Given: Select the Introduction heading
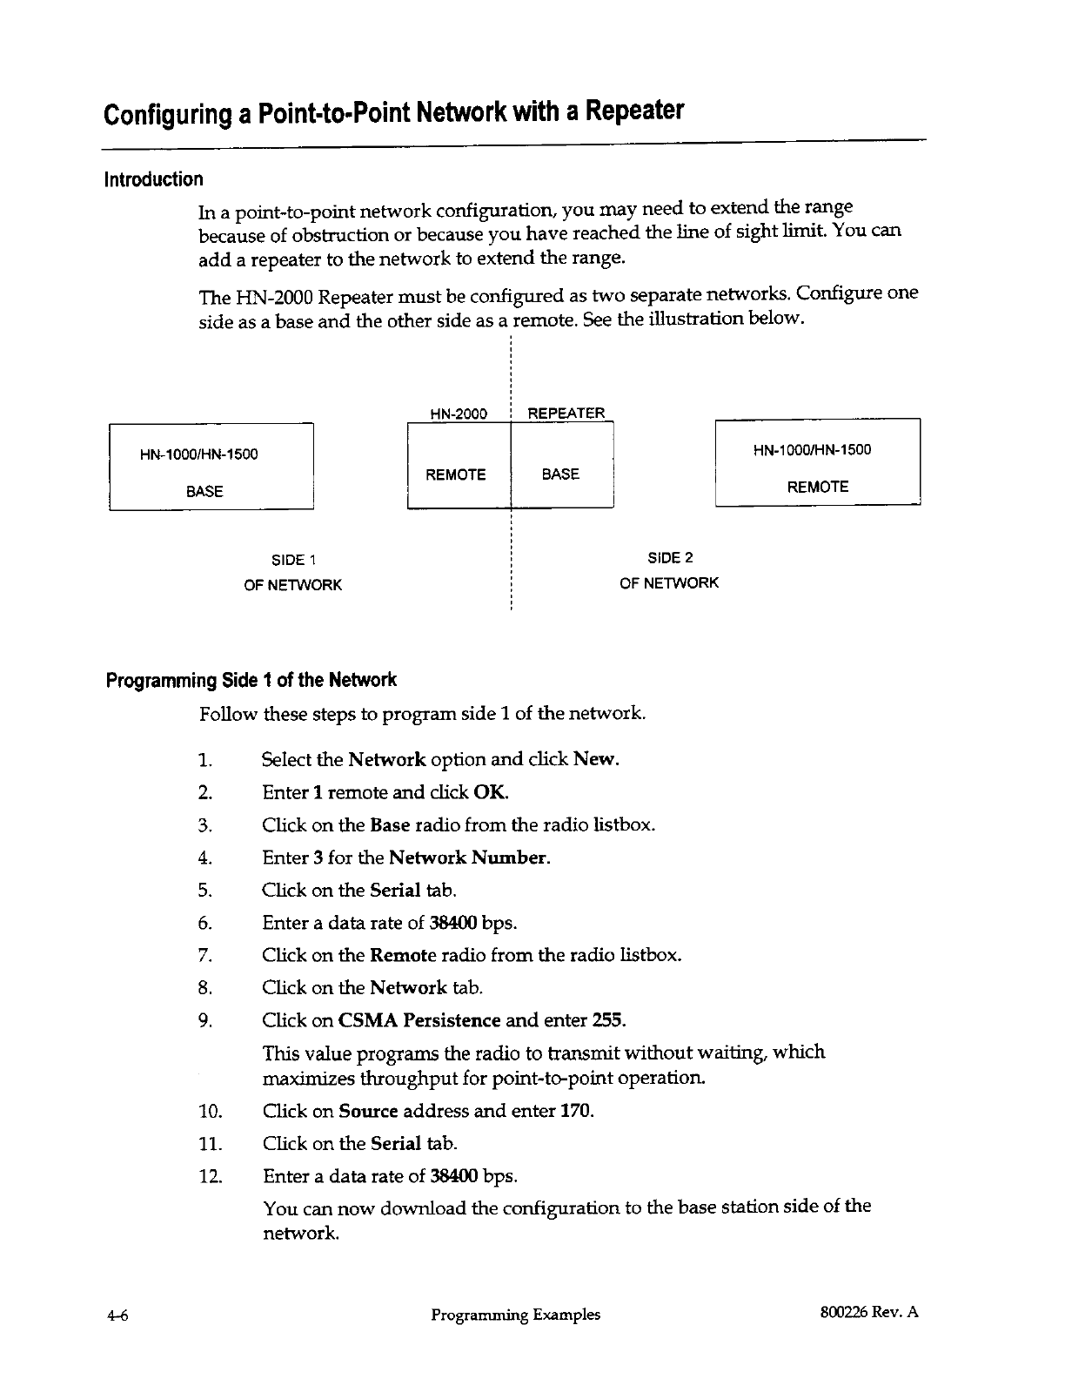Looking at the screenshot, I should click(153, 179).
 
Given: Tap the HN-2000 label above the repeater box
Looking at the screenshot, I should click(459, 414).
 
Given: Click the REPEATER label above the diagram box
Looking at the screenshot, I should click(566, 413).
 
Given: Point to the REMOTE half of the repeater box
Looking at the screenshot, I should click(456, 474).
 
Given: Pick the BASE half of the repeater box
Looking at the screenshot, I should click(560, 474).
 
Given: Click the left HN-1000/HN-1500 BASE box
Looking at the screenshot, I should click(211, 467).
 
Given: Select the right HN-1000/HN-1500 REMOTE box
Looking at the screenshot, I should click(817, 462).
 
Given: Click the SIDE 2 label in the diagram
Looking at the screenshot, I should click(670, 558).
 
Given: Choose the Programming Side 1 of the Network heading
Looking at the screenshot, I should click(251, 680).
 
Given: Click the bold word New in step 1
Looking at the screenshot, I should click(595, 759).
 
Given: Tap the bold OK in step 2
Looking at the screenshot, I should click(490, 792).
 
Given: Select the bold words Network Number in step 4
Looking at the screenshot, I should click(468, 858).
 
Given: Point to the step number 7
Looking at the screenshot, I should click(205, 955).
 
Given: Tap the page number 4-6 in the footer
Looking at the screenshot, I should click(117, 1315).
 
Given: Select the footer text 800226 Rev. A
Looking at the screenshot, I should click(863, 1314).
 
